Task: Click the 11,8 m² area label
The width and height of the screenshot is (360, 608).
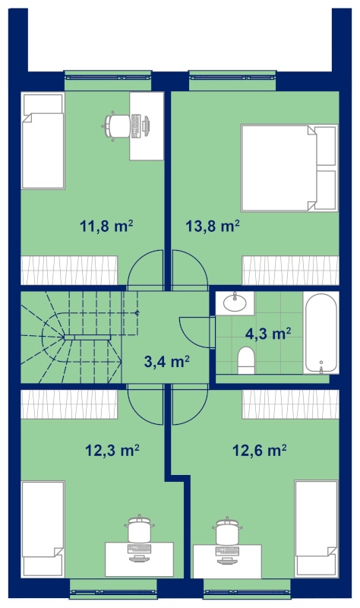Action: click(x=106, y=226)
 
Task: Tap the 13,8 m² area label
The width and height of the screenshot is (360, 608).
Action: click(x=213, y=226)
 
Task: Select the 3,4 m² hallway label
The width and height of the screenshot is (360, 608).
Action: click(x=166, y=362)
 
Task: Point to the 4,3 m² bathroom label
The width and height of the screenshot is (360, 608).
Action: click(x=268, y=334)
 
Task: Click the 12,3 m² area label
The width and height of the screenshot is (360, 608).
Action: click(x=112, y=451)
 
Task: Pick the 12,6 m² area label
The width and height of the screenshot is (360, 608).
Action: click(x=260, y=451)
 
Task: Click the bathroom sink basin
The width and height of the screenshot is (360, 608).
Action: click(x=235, y=303)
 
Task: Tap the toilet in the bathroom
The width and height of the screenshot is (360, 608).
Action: click(x=246, y=360)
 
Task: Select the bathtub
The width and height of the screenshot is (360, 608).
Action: click(x=321, y=333)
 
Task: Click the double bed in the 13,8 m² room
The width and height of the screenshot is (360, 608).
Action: click(x=289, y=168)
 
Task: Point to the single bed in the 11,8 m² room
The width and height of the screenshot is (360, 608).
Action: click(x=43, y=141)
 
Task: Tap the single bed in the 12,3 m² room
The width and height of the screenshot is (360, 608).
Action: click(x=43, y=529)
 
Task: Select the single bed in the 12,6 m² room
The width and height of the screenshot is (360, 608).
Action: click(x=316, y=529)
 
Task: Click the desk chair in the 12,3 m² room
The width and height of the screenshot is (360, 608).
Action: click(x=139, y=529)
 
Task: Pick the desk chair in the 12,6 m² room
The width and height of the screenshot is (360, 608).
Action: click(x=228, y=530)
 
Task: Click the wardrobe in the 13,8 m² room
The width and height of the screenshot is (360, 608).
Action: click(x=291, y=271)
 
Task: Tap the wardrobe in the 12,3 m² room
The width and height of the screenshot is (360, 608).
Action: click(x=69, y=404)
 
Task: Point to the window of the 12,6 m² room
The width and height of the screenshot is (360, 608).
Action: click(x=247, y=592)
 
